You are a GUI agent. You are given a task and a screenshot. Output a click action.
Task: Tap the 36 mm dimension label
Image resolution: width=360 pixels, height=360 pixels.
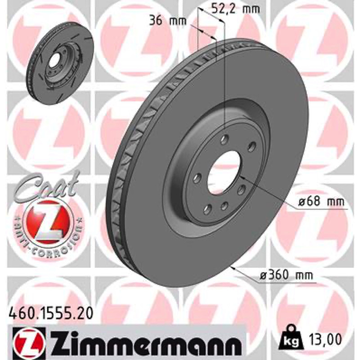tap(167, 21)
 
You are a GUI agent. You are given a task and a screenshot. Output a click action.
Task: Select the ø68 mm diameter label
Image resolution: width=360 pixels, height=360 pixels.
tap(322, 202)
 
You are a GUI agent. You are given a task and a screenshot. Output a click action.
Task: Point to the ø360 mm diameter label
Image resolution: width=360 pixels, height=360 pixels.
tap(286, 275)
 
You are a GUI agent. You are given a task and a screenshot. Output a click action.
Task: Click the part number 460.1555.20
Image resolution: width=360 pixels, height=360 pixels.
tap(50, 313)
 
